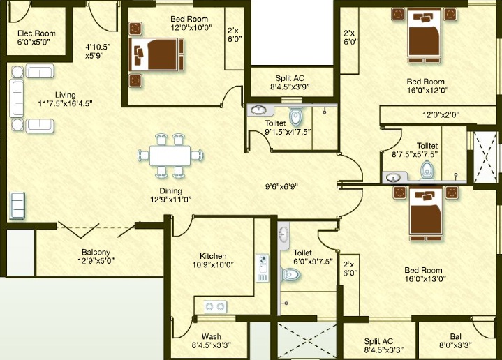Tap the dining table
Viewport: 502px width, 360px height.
(170, 156)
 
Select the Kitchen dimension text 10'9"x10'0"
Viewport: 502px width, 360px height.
(213, 264)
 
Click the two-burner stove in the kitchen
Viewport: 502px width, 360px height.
(215, 306)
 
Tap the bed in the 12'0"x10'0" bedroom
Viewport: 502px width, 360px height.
(156, 54)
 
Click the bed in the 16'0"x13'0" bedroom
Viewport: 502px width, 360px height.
(425, 214)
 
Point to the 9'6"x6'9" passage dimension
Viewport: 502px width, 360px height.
(282, 186)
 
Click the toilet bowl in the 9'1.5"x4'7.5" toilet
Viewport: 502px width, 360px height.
(295, 117)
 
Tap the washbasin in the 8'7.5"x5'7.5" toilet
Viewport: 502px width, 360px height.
(392, 177)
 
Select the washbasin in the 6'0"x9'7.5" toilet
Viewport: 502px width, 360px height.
(283, 235)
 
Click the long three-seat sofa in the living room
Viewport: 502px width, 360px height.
(16, 98)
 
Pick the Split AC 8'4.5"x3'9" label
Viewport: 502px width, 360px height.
(290, 82)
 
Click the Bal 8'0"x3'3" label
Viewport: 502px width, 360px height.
(456, 340)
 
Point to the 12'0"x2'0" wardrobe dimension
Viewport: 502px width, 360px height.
(441, 115)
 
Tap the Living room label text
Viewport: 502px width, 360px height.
(66, 95)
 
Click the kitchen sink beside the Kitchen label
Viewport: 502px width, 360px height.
(263, 269)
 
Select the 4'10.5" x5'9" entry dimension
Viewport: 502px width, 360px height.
(98, 51)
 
